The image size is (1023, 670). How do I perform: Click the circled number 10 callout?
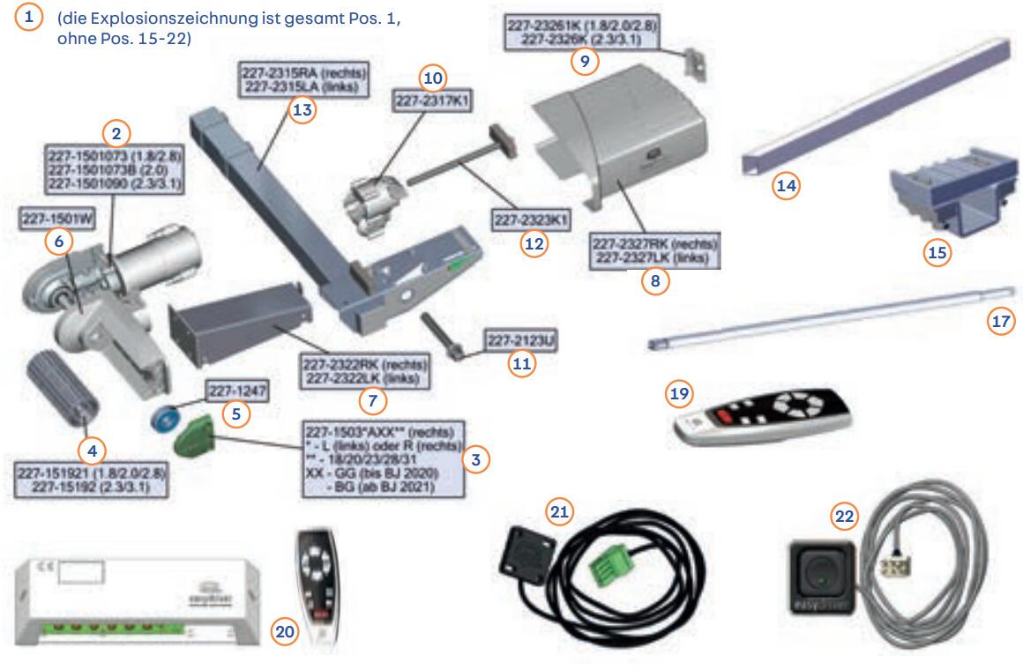(x=432, y=78)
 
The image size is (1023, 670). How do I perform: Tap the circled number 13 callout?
(x=302, y=110)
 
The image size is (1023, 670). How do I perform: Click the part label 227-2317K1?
(x=433, y=102)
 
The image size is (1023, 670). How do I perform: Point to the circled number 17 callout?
(x=1000, y=321)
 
